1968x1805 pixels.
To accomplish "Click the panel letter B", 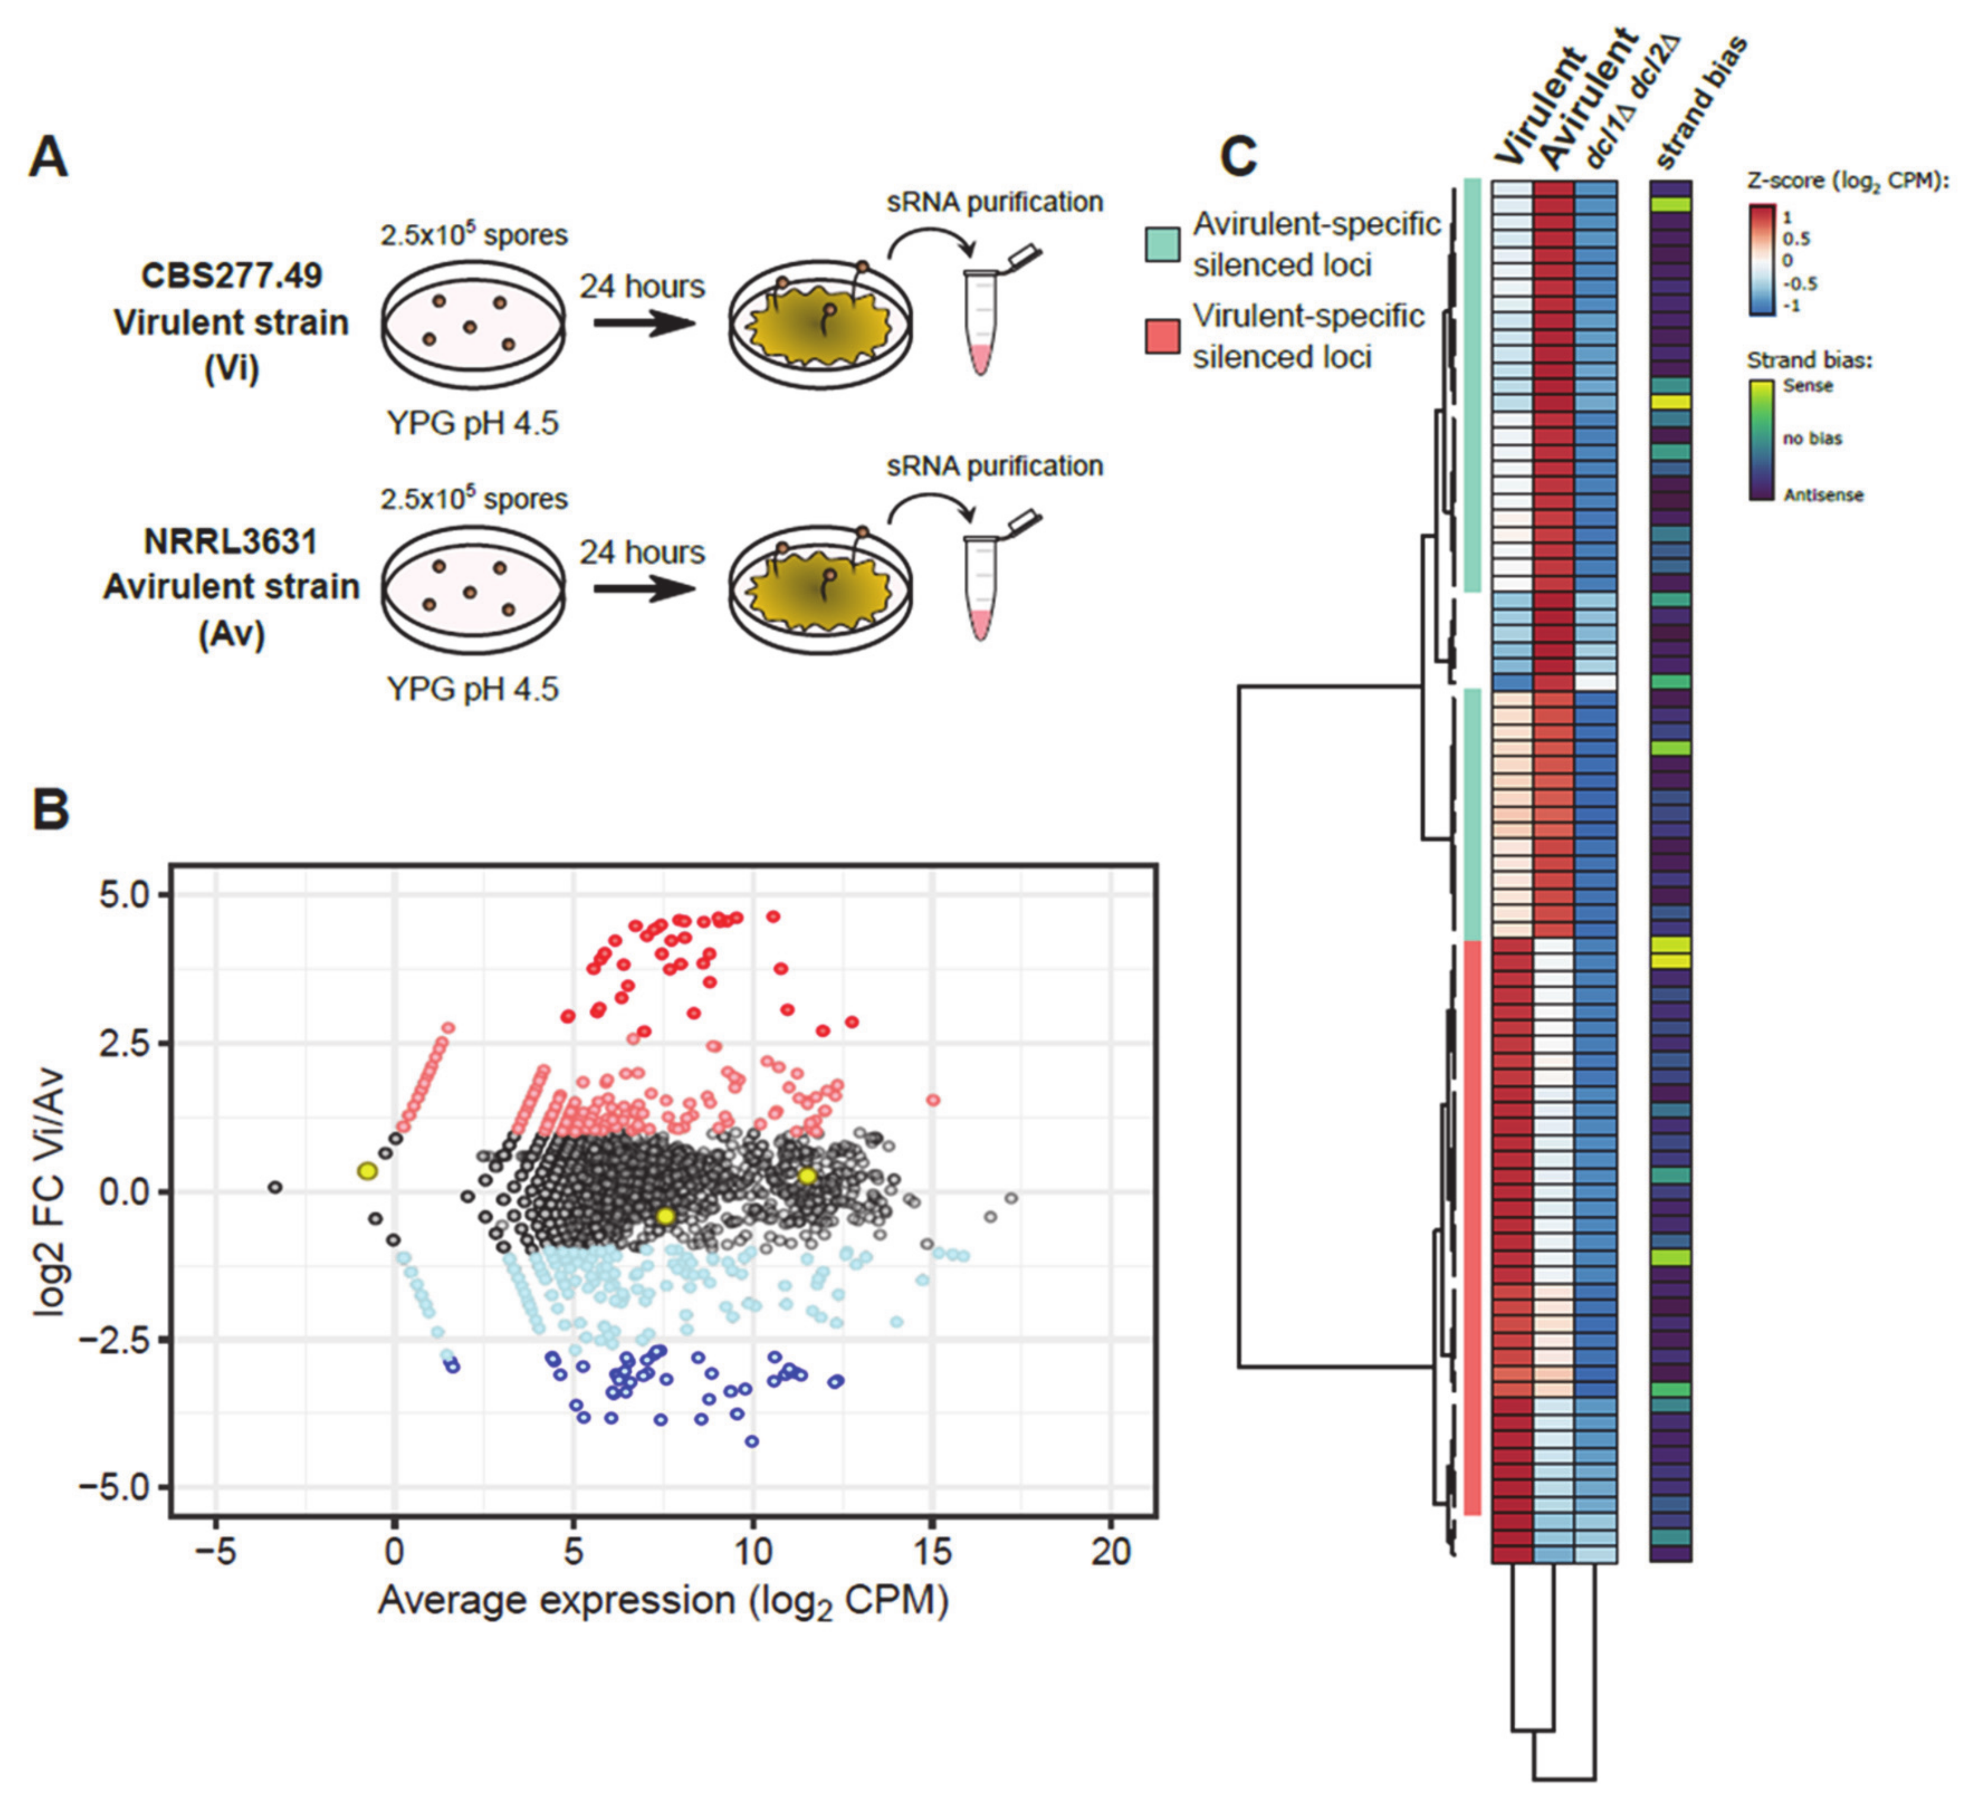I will point(51,809).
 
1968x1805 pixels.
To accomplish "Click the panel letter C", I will point(1239,156).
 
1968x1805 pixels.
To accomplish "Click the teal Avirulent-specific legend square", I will point(1162,244).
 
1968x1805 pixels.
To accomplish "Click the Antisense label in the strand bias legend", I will point(1823,495).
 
